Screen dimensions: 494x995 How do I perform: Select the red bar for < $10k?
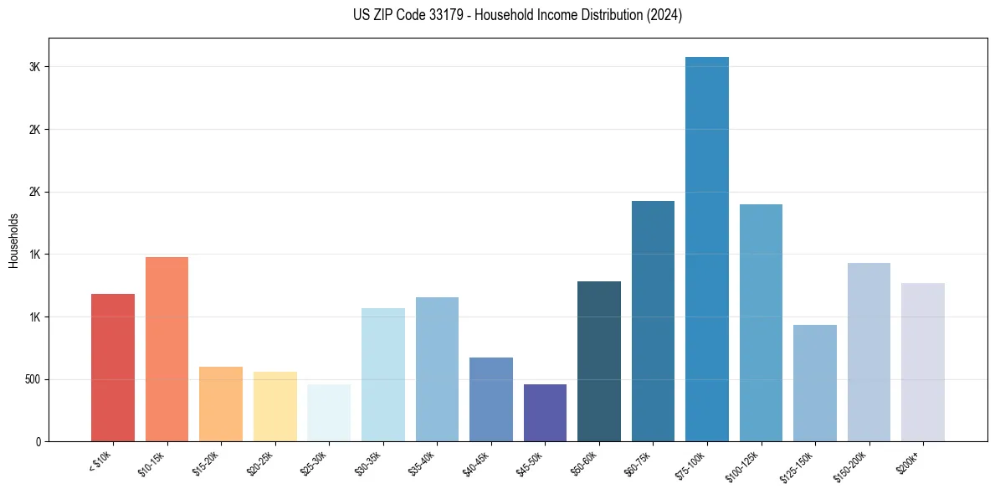pos(113,368)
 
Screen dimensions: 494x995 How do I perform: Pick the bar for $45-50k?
pos(545,413)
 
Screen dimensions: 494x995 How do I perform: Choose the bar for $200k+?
pos(923,363)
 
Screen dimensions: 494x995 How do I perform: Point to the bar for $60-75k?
pos(653,322)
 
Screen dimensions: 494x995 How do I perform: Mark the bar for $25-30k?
pos(329,413)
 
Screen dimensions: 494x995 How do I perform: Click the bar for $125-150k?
pos(815,383)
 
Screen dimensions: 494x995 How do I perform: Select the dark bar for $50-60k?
pos(599,362)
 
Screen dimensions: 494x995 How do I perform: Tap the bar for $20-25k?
pos(274,407)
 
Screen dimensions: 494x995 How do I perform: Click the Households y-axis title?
pos(13,240)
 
